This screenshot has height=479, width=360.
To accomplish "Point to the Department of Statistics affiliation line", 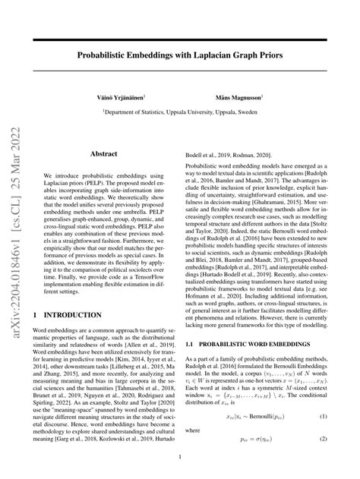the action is click(180, 111).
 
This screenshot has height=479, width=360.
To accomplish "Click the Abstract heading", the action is click(103, 153).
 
